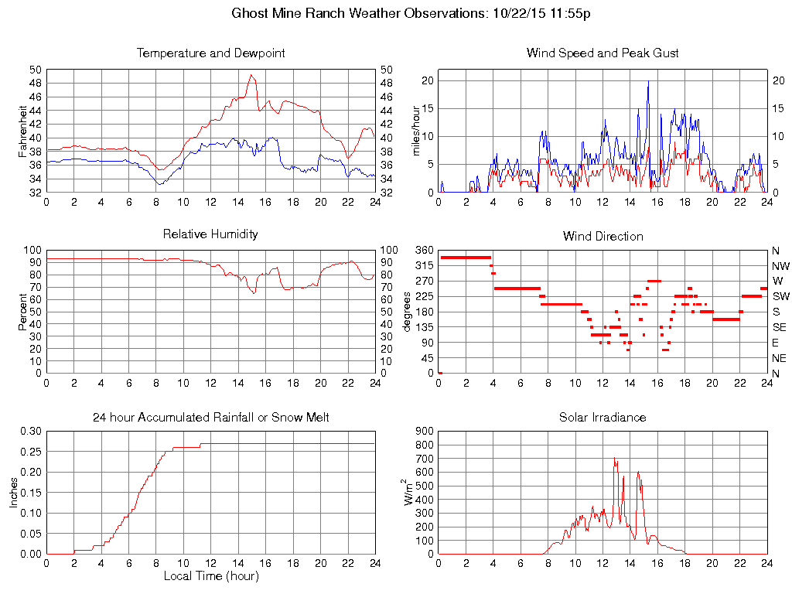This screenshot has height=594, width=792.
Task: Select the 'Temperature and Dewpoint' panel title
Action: (x=210, y=53)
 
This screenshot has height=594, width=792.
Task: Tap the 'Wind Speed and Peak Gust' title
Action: (x=603, y=53)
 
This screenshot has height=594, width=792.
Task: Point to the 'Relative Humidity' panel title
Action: (x=210, y=234)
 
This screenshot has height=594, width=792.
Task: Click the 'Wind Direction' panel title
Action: (x=603, y=236)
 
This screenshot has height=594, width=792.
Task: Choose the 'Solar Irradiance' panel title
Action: (x=603, y=418)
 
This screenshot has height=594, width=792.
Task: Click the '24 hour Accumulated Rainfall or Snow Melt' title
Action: (x=210, y=418)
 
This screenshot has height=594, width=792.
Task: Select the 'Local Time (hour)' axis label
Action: (x=210, y=576)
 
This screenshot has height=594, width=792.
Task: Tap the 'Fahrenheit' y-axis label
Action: (x=22, y=131)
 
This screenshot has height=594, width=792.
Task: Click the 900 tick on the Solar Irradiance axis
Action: (x=424, y=432)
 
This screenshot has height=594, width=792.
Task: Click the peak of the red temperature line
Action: (x=251, y=75)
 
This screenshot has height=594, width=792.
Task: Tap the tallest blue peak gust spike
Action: (x=648, y=81)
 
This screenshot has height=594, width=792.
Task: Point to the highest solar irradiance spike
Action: (x=614, y=458)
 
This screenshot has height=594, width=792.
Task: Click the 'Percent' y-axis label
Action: (x=22, y=312)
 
